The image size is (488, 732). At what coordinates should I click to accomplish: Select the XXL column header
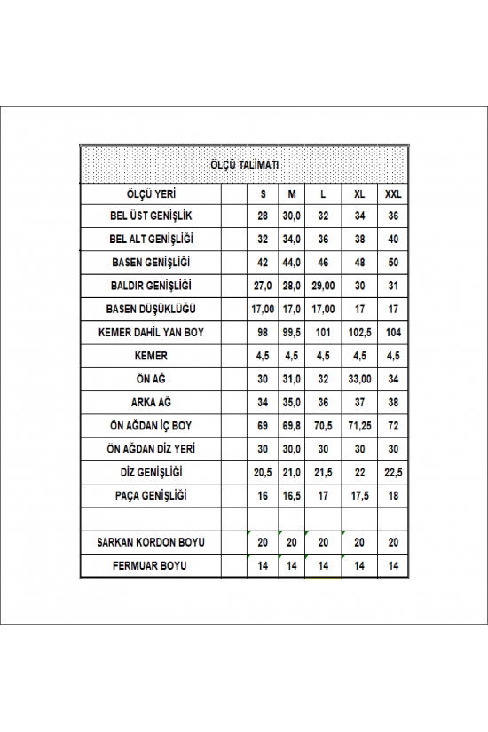coord(392,193)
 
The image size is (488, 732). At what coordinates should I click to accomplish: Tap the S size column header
coord(263,193)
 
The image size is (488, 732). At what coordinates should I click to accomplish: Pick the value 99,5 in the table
coord(290,332)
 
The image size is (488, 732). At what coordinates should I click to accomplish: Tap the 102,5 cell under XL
coord(358,332)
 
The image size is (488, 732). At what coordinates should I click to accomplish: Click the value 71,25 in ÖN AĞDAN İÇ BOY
coord(358,425)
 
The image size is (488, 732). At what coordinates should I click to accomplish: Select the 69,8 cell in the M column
coord(290,425)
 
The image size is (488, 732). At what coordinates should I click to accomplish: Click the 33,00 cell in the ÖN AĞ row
coord(358,378)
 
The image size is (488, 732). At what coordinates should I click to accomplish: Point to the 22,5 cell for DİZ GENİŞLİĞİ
coord(392,471)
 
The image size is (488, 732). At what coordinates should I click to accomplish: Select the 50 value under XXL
coord(392,263)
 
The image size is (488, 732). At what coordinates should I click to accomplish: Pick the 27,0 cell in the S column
coord(263,286)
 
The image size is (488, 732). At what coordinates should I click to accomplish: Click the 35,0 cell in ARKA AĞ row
coord(290,402)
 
